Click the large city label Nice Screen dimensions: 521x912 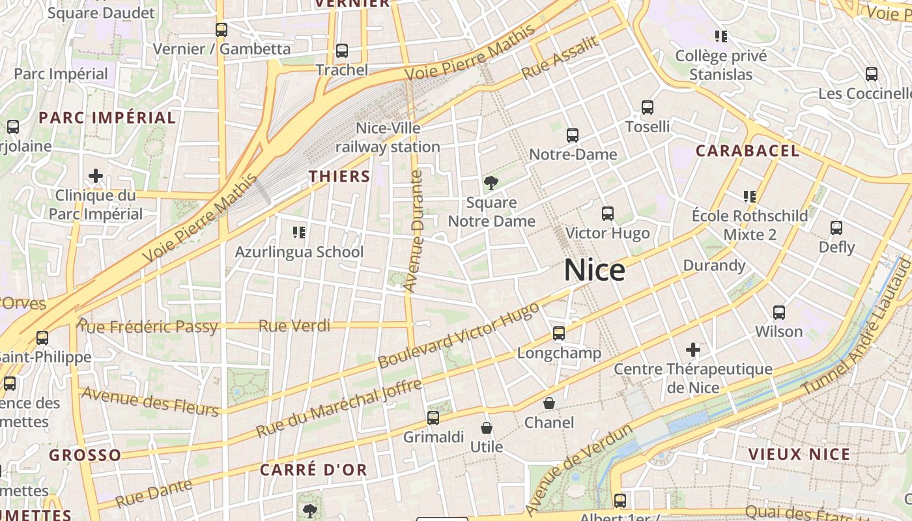coord(594,270)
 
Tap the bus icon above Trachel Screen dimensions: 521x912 coord(341,51)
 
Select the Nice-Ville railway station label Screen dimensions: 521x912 coord(388,137)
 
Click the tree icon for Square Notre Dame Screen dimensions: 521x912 coord(491,183)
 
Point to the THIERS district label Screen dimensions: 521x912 coord(339,176)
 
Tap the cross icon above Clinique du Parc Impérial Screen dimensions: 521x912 coord(96,176)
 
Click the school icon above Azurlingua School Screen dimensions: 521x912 coord(299,232)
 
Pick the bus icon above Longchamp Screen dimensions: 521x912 coord(558,333)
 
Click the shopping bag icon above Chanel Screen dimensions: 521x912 coord(549,404)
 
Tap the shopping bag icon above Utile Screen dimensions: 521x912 coord(486,428)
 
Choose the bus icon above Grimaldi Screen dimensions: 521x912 coord(433,418)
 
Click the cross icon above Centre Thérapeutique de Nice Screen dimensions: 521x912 coord(692,350)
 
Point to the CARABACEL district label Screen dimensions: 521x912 coord(747,151)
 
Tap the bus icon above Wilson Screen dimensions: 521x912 coord(778,313)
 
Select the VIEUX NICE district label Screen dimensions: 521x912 coord(799,455)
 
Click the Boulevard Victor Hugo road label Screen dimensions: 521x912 coord(459,335)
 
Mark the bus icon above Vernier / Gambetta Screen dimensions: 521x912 coord(221,30)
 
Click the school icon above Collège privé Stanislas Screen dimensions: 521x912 coord(720,36)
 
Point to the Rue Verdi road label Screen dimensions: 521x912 coord(294,326)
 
